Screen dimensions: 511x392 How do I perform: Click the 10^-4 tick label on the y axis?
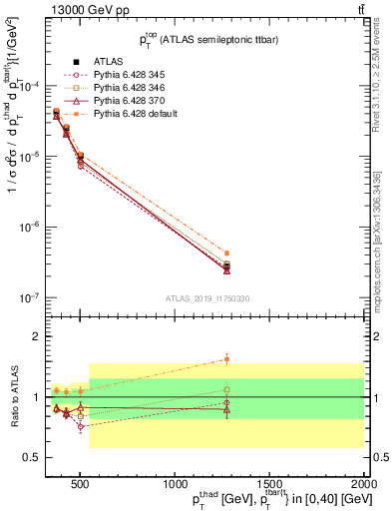click(32, 87)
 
